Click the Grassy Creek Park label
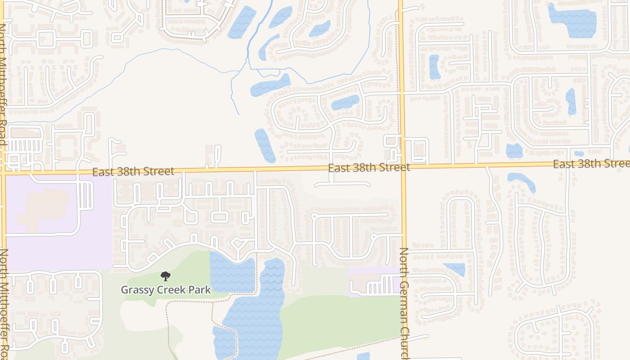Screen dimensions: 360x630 tap(166, 290)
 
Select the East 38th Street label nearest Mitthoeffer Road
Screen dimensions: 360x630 tap(133, 171)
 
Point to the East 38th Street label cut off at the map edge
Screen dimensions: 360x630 tap(591, 164)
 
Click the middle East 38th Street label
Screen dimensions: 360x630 tap(369, 168)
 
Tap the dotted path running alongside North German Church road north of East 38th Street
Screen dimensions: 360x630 tap(397, 67)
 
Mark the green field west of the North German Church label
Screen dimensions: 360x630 tap(337, 324)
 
